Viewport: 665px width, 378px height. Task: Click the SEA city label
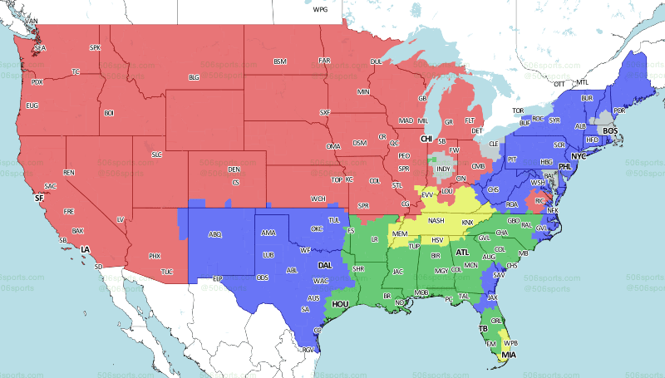point(40,49)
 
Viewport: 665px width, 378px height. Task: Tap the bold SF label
point(38,199)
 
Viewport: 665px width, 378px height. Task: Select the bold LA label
point(84,249)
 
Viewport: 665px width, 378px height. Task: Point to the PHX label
point(154,256)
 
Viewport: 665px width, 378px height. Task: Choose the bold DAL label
point(325,266)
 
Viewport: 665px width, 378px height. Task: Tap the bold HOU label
point(340,304)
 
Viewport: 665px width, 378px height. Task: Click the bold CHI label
point(426,139)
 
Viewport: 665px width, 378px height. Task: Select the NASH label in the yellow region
point(436,220)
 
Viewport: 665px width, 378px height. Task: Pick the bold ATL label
point(462,251)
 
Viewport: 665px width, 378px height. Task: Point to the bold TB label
point(481,329)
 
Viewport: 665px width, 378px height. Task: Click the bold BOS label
point(609,131)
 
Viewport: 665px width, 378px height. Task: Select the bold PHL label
point(566,166)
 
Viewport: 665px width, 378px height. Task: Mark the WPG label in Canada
point(320,9)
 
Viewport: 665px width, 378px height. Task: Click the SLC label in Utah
point(156,155)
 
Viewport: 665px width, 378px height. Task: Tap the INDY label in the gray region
point(444,169)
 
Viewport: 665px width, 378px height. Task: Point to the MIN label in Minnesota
point(363,91)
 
